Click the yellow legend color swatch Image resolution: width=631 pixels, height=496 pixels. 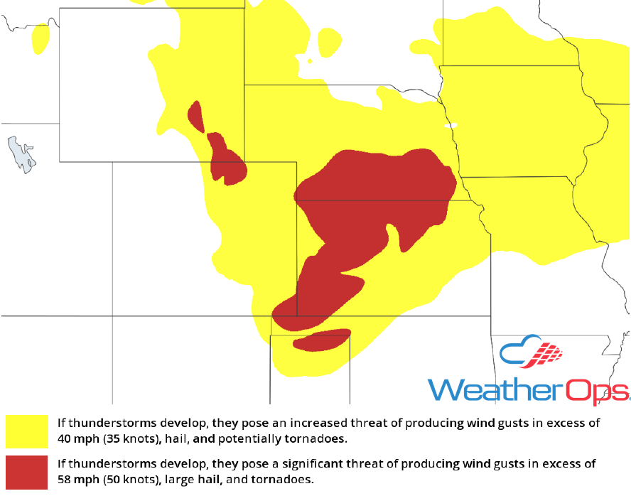coord(26,431)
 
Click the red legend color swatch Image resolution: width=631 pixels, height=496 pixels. coord(26,471)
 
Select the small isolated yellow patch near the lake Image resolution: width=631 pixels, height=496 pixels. coord(41,39)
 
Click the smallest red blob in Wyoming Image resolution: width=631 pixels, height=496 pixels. coord(195,117)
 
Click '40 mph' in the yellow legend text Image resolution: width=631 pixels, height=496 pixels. coord(77,438)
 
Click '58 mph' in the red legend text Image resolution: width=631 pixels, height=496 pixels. coord(77,479)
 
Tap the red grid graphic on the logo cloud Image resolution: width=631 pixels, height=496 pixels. coord(548,352)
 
